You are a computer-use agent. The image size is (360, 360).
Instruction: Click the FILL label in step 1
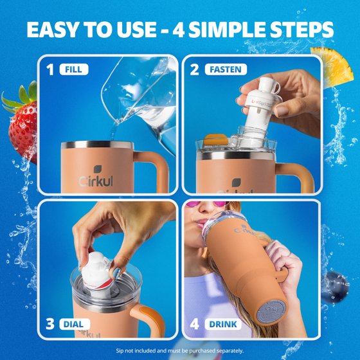(x=74, y=69)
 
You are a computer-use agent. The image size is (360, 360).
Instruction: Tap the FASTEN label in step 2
(x=226, y=69)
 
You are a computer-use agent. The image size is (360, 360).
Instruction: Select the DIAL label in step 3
(x=75, y=324)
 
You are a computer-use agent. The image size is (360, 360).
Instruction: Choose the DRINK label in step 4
(x=223, y=324)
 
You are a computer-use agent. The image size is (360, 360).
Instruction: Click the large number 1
(x=50, y=69)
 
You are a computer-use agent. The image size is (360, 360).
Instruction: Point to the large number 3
(x=50, y=324)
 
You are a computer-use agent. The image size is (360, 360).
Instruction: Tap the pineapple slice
(x=333, y=67)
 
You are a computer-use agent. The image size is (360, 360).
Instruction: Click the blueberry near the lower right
(x=335, y=287)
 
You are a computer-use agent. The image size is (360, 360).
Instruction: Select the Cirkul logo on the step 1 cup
(x=96, y=176)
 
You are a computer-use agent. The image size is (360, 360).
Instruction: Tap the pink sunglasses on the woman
(x=208, y=204)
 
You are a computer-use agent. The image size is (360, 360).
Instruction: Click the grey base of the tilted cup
(x=271, y=312)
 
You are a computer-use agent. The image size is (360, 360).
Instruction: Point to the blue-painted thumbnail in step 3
(x=117, y=273)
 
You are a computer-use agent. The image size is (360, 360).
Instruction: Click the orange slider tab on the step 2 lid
(x=215, y=139)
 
